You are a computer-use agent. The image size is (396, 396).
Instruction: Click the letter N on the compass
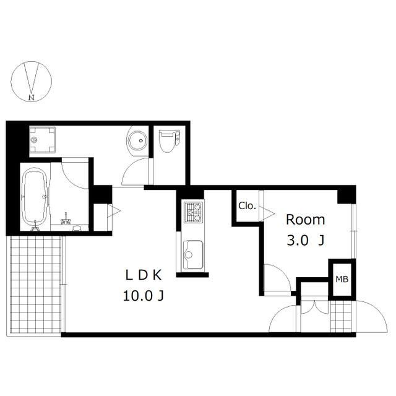coord(32,97)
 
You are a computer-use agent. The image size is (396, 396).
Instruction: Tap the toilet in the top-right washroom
coord(169,141)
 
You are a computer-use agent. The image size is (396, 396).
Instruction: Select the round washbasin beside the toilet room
coord(137,140)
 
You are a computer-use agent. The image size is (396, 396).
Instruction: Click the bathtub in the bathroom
coord(35,197)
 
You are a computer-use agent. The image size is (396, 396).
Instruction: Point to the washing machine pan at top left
coord(42,139)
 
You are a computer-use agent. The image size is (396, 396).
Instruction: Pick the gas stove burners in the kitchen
coord(193,212)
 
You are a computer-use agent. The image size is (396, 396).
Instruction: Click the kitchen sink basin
coord(193,254)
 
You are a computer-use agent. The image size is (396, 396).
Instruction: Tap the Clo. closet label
coord(247,206)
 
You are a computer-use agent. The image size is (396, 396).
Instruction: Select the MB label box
coord(342,279)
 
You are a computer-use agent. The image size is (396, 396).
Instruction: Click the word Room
coord(305,220)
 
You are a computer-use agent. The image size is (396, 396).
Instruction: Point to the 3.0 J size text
coord(305,241)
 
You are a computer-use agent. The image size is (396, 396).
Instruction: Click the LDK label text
coord(144,275)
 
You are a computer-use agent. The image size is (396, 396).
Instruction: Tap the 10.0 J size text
coord(143,296)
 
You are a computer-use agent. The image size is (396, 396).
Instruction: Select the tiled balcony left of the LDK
coord(35,285)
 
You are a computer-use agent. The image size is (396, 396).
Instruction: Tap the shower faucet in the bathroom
coord(66,220)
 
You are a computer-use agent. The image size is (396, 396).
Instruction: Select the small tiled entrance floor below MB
coord(341,317)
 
